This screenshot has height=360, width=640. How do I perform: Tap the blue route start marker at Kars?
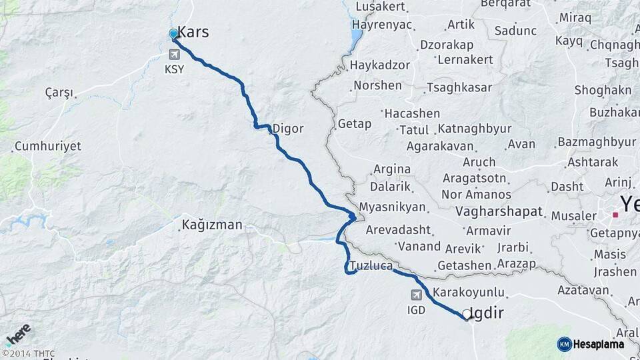point(173,34)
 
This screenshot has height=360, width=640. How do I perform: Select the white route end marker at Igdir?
point(466,313)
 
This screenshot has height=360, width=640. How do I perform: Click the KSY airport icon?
point(175,53)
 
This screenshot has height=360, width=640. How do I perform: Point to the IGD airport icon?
point(417,295)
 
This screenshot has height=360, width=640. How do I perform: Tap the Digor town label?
point(287,129)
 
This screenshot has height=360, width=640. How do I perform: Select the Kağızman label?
point(212,225)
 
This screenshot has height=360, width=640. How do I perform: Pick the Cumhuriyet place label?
point(47,146)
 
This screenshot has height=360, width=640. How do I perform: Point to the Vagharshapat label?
point(500,212)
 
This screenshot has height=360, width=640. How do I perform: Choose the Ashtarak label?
point(592,162)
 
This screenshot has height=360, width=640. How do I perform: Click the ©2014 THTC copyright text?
point(28,353)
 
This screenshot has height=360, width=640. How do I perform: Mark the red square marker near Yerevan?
point(615,215)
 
